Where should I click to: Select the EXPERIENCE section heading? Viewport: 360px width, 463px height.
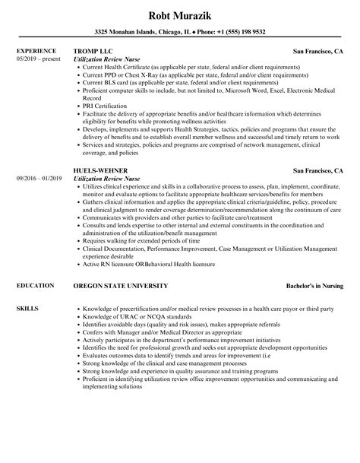[35, 51]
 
